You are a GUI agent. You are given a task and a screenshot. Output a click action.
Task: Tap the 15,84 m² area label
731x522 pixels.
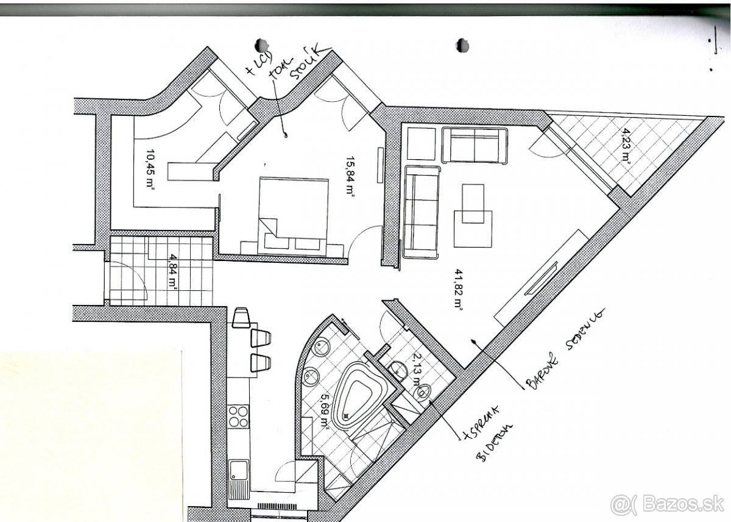click(x=350, y=175)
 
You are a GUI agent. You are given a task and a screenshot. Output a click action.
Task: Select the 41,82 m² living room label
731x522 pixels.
click(x=457, y=290)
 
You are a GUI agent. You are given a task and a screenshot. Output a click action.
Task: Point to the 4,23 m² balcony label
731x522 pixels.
click(x=625, y=147)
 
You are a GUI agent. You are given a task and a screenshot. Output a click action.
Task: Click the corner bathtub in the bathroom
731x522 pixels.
click(x=361, y=396)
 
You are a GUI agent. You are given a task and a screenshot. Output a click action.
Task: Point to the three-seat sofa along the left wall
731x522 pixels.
click(x=421, y=212)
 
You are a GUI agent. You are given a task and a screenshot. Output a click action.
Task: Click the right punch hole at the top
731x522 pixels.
click(x=462, y=44)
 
